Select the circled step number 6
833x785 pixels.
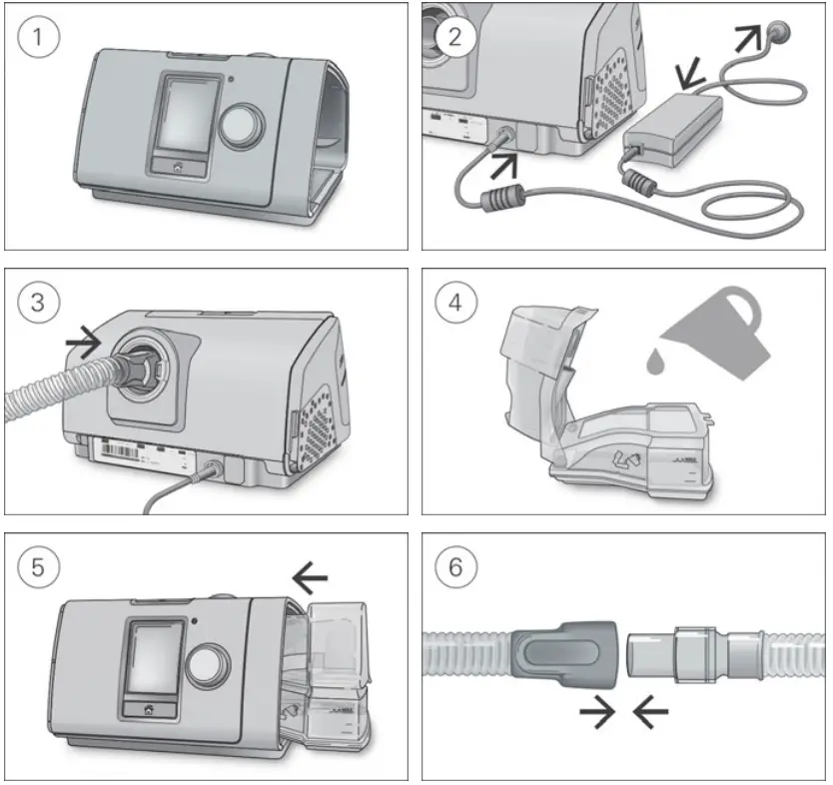(455, 567)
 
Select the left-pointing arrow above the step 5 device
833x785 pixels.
(310, 575)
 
